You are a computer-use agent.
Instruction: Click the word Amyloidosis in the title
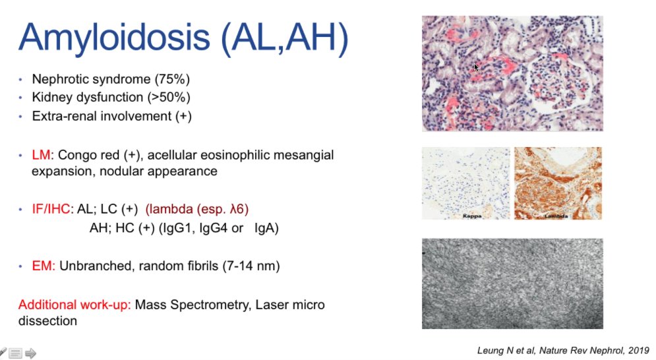click(x=114, y=38)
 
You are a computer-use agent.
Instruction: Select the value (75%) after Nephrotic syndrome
click(x=172, y=79)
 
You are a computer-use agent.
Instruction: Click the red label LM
click(x=41, y=155)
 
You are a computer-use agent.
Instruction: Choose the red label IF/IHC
click(x=51, y=209)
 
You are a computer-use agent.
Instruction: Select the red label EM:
click(x=44, y=266)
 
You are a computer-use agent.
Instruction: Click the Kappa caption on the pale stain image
click(x=472, y=216)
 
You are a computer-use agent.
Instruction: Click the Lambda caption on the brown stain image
click(x=556, y=216)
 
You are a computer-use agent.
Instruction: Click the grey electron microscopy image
click(x=512, y=284)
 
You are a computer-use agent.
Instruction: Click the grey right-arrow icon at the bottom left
click(x=30, y=353)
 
